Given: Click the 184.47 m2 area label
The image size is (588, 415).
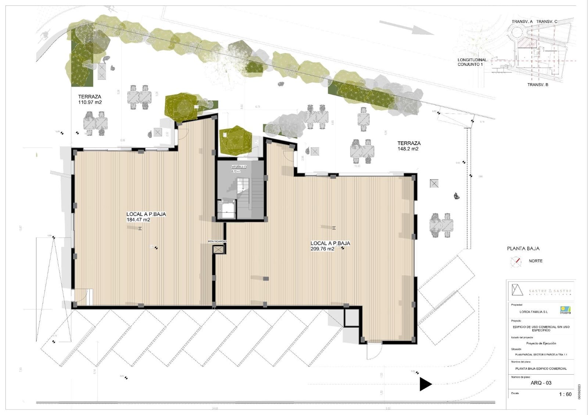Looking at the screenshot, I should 138,220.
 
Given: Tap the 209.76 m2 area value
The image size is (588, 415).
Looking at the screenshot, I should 322,249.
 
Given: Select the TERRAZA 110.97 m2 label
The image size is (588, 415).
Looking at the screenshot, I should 90,100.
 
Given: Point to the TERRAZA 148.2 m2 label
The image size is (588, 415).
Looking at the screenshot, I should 409,146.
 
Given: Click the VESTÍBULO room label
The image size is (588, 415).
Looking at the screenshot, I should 239,167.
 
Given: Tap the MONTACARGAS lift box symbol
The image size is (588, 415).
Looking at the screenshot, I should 218,250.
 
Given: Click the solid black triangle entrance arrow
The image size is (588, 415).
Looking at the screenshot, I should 425,384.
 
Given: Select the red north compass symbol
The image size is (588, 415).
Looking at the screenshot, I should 516,261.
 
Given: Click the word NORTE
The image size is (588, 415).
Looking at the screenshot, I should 535,261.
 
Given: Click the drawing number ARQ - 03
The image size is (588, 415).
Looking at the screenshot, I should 541,383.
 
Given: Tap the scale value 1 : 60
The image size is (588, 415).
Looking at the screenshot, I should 565,394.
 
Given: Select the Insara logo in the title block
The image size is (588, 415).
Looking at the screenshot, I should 565,310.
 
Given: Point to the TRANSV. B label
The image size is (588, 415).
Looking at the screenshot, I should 538,85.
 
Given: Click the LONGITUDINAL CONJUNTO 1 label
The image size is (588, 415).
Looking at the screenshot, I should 472,62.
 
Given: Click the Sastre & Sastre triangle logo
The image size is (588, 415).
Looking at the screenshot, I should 517,290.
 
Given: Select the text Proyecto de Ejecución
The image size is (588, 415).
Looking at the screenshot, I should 541,343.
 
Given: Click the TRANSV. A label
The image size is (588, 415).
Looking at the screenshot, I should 522,22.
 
